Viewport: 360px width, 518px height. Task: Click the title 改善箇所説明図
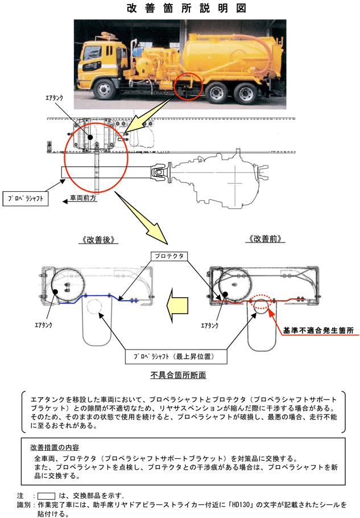pyautogui.click(x=187, y=9)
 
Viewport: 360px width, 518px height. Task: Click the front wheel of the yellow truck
pyautogui.click(x=105, y=89)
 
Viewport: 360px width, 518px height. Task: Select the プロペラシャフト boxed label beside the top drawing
pyautogui.click(x=26, y=199)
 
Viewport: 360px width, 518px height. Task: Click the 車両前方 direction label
pyautogui.click(x=83, y=198)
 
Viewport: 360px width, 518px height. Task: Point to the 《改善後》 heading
pyautogui.click(x=98, y=240)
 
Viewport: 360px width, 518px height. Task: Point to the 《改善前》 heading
pyautogui.click(x=265, y=239)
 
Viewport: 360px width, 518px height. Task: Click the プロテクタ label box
pyautogui.click(x=169, y=256)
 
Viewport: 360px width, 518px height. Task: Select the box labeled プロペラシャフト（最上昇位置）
pyautogui.click(x=176, y=357)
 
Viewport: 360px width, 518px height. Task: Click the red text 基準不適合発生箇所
pyautogui.click(x=318, y=330)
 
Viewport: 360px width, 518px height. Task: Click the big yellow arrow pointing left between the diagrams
pyautogui.click(x=177, y=306)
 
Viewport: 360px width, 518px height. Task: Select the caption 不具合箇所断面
pyautogui.click(x=178, y=375)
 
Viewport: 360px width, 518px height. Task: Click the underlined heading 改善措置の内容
pyautogui.click(x=55, y=447)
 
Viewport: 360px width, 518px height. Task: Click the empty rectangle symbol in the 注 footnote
pyautogui.click(x=46, y=496)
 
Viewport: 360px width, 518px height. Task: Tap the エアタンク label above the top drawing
pyautogui.click(x=54, y=98)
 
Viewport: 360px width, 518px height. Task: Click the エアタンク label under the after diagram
pyautogui.click(x=44, y=325)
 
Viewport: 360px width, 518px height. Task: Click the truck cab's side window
pyautogui.click(x=89, y=53)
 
